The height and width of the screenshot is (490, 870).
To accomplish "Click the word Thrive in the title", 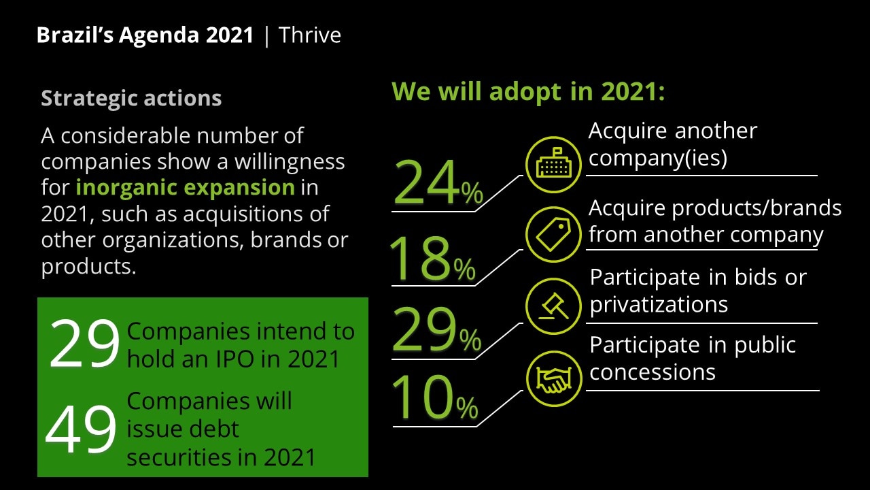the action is click(309, 35).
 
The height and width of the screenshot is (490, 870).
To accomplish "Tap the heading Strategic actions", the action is click(131, 98).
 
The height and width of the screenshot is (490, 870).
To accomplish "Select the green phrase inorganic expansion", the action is click(186, 187).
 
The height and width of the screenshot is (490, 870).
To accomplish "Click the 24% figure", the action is click(438, 182).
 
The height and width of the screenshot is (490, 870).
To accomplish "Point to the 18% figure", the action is click(432, 258).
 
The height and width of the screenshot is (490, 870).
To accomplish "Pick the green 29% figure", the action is click(437, 329).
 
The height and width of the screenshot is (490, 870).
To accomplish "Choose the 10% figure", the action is click(435, 397).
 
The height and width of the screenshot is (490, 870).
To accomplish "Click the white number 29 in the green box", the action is click(84, 344).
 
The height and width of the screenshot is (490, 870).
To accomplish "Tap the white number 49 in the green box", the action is click(81, 428).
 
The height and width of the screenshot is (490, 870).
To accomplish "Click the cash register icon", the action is click(553, 165).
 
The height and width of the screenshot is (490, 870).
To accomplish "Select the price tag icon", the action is click(553, 235).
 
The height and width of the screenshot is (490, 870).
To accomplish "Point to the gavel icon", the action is click(553, 306).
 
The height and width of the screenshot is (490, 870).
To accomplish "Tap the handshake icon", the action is click(554, 379).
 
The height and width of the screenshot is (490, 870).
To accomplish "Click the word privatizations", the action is click(659, 304).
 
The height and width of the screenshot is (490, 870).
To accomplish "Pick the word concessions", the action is click(652, 372).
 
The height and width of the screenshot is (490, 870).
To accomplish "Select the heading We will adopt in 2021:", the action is click(528, 92).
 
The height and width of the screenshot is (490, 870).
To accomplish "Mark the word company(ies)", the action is click(657, 158).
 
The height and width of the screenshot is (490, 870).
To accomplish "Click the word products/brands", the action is click(756, 208).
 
